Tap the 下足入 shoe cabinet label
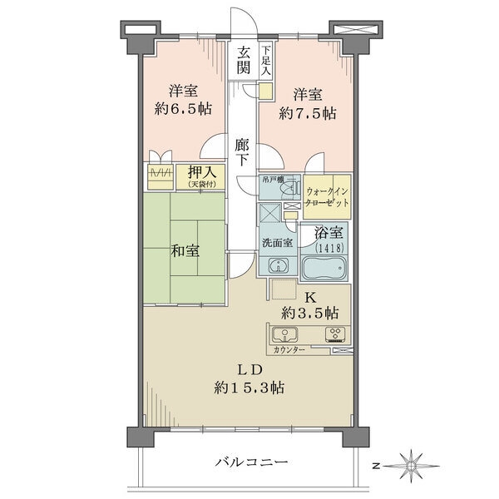tap(266, 60)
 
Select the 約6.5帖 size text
tap(183, 109)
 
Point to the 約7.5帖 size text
tap(308, 113)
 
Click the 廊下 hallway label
tap(242, 152)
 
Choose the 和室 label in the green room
tap(185, 251)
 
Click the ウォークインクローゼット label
tap(327, 197)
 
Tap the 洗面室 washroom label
tap(278, 243)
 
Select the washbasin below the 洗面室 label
tap(279, 264)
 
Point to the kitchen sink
tap(284, 335)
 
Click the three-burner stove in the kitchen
tap(335, 335)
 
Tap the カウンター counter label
tap(289, 350)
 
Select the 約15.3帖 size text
tap(249, 388)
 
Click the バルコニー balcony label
tap(251, 462)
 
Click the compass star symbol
tap(412, 467)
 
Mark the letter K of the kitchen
tap(310, 299)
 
